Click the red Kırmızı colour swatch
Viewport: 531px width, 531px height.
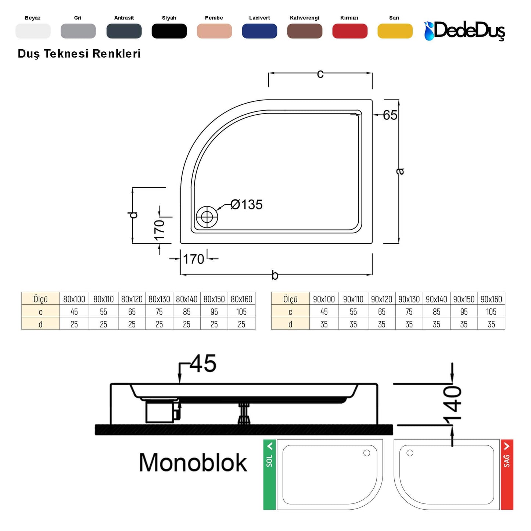(x=349, y=31)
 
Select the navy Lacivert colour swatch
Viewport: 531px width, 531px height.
(x=259, y=31)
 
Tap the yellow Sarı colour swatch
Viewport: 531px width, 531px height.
(x=395, y=31)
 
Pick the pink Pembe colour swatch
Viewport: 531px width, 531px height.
(x=214, y=31)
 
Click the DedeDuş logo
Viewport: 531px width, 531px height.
(x=465, y=31)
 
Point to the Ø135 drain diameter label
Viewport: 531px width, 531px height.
(x=247, y=205)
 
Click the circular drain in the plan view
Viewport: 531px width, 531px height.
(x=207, y=217)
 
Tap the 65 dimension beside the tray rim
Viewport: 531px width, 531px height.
(x=390, y=115)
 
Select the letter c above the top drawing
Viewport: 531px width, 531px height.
(x=320, y=74)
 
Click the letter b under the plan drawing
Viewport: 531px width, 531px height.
(x=275, y=275)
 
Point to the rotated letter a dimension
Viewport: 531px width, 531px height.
(x=400, y=171)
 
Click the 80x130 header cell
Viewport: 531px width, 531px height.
(x=159, y=299)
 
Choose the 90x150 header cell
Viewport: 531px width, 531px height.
(x=464, y=299)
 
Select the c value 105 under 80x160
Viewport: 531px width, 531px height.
(x=241, y=312)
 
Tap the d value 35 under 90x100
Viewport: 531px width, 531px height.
(x=324, y=324)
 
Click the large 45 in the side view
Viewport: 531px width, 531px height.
(x=203, y=363)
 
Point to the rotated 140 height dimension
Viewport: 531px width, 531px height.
(x=452, y=403)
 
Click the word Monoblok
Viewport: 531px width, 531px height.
(x=193, y=462)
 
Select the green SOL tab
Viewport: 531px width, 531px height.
(x=269, y=474)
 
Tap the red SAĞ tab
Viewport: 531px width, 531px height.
(x=507, y=474)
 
